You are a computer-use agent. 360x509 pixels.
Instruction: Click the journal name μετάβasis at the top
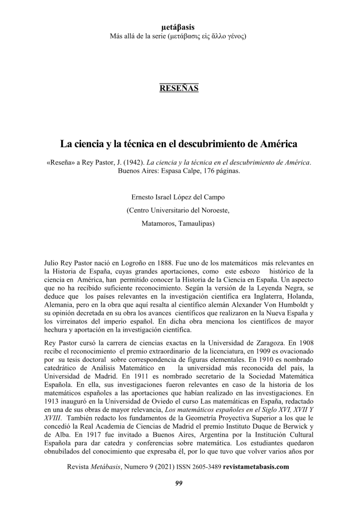pyautogui.click(x=180, y=27)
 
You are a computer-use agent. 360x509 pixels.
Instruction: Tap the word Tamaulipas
pyautogui.click(x=198, y=224)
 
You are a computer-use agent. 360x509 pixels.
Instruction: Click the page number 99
pyautogui.click(x=180, y=485)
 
